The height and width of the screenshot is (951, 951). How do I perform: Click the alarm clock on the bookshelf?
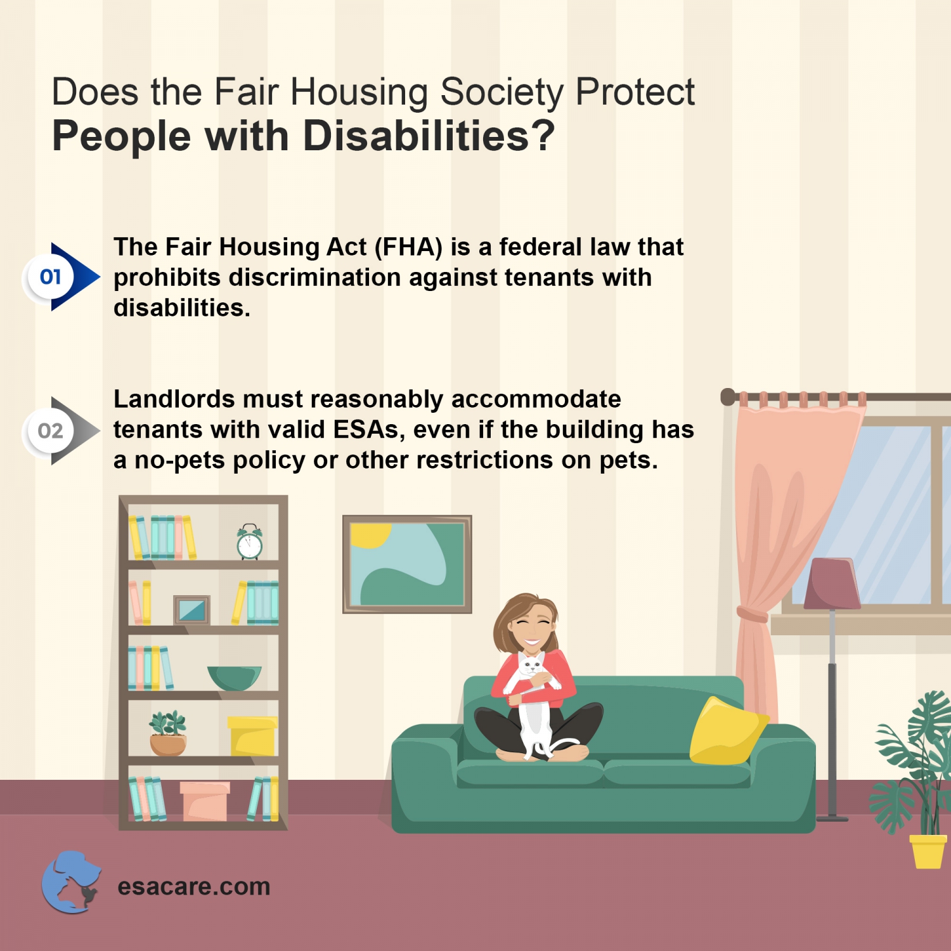point(249,543)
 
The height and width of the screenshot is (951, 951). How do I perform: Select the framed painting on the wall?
point(407,564)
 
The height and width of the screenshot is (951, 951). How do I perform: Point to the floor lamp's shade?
point(832,583)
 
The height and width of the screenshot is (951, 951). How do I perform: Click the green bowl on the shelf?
point(234,677)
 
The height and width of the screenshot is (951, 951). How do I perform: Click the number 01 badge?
point(50,277)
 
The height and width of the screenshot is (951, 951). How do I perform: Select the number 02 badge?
point(50,431)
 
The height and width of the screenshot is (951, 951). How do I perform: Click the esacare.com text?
point(193,886)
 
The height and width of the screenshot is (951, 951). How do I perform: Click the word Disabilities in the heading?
point(416,136)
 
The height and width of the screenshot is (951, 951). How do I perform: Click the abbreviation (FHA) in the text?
point(408,247)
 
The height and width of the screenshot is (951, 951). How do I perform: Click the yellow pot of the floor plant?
point(927,851)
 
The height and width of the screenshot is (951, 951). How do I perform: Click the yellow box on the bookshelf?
point(252,736)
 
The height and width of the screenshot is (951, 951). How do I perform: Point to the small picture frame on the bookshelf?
point(191,611)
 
